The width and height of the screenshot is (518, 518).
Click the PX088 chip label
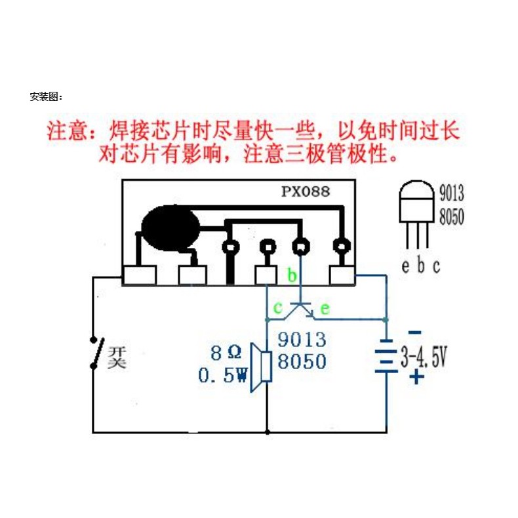(x=306, y=191)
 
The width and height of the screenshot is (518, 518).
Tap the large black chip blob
(x=170, y=228)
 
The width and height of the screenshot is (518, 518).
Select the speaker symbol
(x=262, y=367)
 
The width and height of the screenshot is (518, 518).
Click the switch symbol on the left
(x=97, y=353)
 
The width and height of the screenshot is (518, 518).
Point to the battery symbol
(x=386, y=356)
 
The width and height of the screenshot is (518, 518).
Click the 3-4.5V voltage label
(x=424, y=357)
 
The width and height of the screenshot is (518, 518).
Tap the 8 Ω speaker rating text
(x=226, y=353)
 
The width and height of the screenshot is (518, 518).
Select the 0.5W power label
(x=223, y=375)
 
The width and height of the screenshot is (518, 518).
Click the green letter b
(x=292, y=275)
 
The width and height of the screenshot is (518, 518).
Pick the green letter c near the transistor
(x=278, y=308)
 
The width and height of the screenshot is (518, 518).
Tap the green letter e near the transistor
(x=325, y=309)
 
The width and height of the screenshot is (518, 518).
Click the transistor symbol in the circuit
(x=299, y=310)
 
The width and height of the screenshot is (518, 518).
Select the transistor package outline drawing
(x=416, y=214)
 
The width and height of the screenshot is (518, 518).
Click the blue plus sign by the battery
(x=416, y=376)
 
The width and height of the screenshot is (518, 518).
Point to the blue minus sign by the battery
(x=415, y=332)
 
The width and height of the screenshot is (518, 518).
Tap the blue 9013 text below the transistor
(x=302, y=339)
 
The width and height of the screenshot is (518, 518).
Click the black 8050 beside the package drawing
(x=452, y=216)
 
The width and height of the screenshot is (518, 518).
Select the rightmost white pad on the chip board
(x=342, y=275)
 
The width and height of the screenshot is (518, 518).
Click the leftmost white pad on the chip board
(x=140, y=275)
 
